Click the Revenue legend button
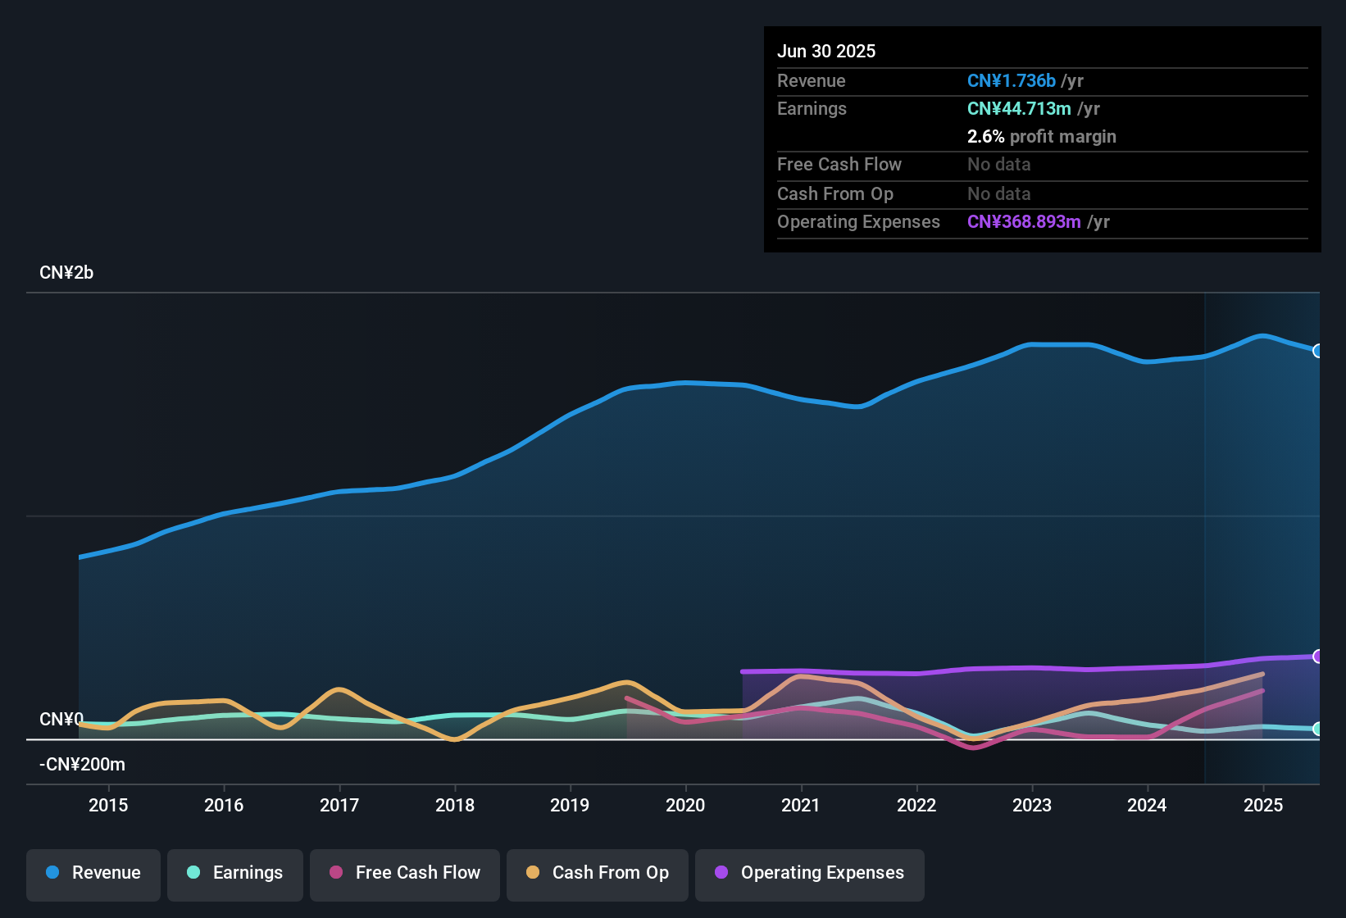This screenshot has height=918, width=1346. point(93,873)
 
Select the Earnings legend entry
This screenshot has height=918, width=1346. point(235,873)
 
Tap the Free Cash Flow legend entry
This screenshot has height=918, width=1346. point(405,873)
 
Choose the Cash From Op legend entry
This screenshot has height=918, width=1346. point(598,873)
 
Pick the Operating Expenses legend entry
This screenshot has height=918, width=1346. point(810,873)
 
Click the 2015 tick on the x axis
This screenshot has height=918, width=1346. point(108,805)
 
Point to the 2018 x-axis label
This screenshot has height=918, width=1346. point(455,805)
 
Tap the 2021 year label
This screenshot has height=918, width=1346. point(801,805)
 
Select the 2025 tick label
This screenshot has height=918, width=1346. point(1263,805)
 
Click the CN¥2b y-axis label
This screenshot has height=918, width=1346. point(66,273)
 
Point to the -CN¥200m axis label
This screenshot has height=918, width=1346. point(82,765)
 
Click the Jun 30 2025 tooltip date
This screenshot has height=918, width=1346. point(826,51)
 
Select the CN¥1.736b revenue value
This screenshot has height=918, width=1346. point(1011,80)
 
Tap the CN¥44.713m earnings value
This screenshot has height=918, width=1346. point(1019,108)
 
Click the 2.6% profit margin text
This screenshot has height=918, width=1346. point(1041,136)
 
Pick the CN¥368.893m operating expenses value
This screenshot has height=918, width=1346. point(1024,221)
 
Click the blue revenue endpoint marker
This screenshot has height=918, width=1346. point(1317,351)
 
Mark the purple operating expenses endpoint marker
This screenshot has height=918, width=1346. point(1317,656)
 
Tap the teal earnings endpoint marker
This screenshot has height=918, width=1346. point(1317,729)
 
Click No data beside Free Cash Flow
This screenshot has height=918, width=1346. point(998,164)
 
